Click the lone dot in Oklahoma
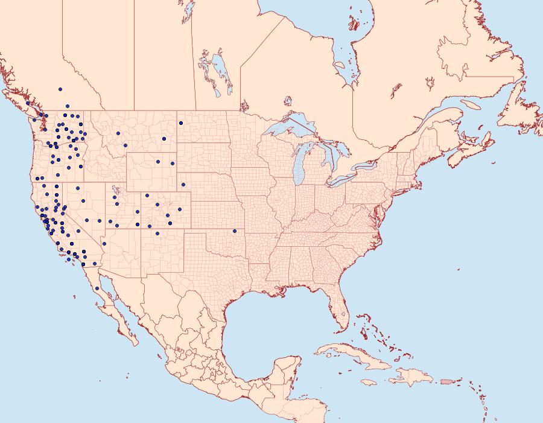click(x=235, y=231)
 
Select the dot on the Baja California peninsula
click(x=97, y=288)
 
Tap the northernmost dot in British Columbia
click(x=60, y=89)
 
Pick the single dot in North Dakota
click(x=181, y=123)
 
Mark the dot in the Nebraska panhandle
click(x=183, y=184)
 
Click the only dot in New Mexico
click(x=157, y=233)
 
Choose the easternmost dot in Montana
click(x=164, y=139)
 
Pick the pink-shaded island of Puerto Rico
click(x=447, y=381)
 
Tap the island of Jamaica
click(x=369, y=382)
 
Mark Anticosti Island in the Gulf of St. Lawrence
click(x=471, y=105)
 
